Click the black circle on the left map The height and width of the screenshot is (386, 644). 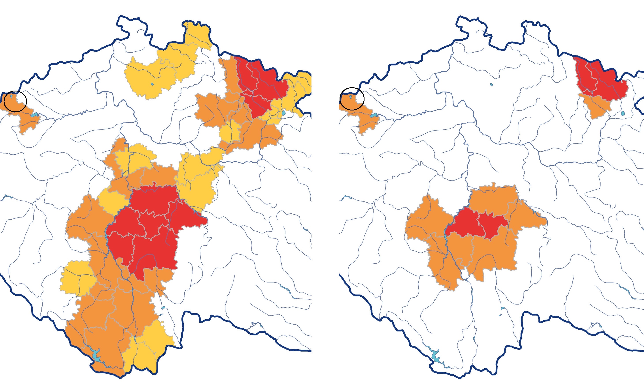15,101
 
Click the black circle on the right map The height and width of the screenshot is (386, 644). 352,99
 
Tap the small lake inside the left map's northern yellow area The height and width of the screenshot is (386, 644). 152,84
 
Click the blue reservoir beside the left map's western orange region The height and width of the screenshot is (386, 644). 34,115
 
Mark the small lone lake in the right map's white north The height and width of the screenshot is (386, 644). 491,85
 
